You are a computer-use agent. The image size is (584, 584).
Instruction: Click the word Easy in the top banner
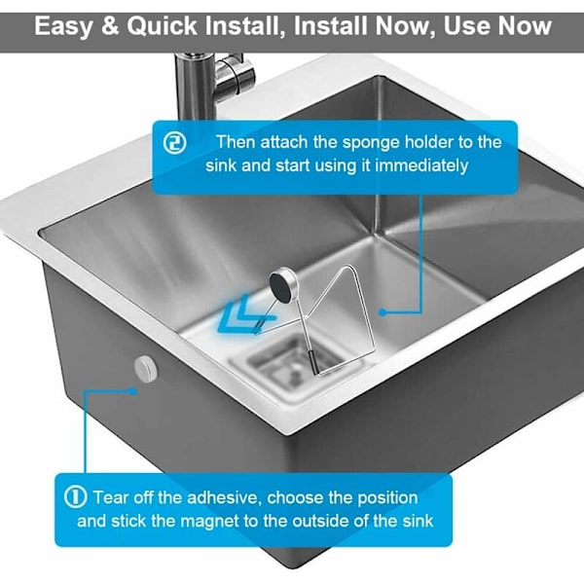pos(63,27)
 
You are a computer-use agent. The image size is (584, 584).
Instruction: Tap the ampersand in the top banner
pos(110,26)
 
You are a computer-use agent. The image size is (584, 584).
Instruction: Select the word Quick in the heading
pos(162,26)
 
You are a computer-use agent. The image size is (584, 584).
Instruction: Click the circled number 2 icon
pos(174,143)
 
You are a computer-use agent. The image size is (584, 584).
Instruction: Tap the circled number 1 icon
pos(75,496)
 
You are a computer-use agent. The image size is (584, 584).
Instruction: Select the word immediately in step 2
pos(421,165)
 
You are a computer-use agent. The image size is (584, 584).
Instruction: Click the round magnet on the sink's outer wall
pos(146,368)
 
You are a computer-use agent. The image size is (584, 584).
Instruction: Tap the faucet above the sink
pos(211,85)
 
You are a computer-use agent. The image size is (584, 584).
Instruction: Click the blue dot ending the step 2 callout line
pos(383,312)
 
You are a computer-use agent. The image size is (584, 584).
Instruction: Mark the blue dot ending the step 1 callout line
pos(132,391)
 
